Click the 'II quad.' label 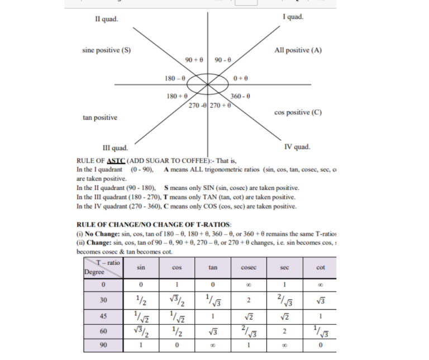[x=106, y=20]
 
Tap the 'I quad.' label [x=293, y=17]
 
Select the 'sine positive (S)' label [x=107, y=50]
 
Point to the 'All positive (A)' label [x=299, y=50]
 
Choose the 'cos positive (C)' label [x=298, y=112]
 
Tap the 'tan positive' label [x=100, y=117]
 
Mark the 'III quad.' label [x=115, y=148]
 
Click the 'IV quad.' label [x=297, y=148]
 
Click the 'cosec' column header [x=249, y=268]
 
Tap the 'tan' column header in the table [x=213, y=268]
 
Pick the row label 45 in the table [x=103, y=315]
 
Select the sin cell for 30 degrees [x=141, y=300]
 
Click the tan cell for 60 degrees [x=213, y=330]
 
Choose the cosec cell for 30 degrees [x=249, y=300]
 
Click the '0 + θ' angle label [x=241, y=78]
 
